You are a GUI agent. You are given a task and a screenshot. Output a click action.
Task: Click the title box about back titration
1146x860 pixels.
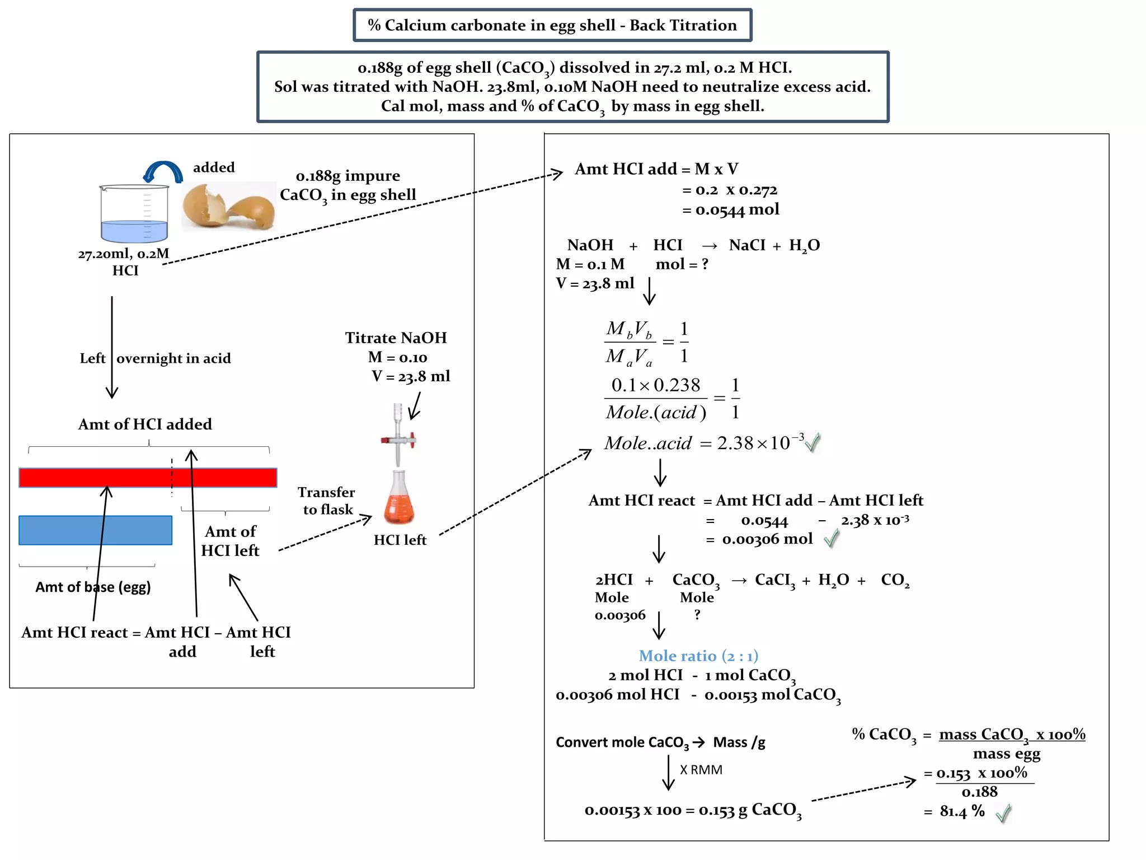pos(552,25)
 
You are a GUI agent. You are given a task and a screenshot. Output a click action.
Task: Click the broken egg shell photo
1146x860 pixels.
pos(228,206)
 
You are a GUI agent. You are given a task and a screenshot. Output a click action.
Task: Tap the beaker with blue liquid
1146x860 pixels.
pos(134,214)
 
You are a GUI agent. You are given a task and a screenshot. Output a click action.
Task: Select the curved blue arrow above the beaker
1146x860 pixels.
pos(163,171)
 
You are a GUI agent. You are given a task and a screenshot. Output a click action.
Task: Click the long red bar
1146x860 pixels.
pos(148,478)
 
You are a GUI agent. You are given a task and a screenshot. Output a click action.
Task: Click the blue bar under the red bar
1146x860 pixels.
pos(95,530)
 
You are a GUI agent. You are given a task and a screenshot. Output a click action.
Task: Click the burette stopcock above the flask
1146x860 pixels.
pos(398,440)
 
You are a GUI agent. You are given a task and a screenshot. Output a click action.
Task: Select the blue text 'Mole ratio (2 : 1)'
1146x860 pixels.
pos(698,656)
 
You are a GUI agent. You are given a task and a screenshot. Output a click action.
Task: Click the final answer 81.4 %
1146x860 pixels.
pos(962,811)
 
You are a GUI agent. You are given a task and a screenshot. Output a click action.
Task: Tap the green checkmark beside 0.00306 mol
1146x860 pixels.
pos(832,539)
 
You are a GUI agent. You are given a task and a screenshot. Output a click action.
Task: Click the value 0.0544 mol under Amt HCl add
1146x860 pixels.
pos(736,210)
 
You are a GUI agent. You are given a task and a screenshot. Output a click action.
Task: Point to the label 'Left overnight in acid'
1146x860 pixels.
pos(156,358)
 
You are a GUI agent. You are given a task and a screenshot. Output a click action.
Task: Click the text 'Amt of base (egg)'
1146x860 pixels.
pos(93,587)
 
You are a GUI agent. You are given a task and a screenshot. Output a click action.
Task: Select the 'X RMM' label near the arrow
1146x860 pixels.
pos(701,770)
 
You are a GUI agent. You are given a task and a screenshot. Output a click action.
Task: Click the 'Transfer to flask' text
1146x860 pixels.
pos(327,501)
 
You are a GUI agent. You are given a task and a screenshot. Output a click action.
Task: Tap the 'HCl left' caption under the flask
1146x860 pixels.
pos(400,540)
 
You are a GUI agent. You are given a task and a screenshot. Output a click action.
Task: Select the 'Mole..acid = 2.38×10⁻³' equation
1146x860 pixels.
pos(704,443)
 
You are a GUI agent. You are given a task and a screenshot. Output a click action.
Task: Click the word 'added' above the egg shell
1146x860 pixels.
pos(214,167)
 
